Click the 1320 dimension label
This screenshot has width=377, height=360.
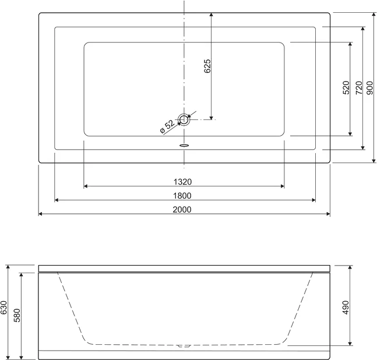[182, 182]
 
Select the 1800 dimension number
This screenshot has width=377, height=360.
[182, 196]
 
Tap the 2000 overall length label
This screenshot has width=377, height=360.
[182, 210]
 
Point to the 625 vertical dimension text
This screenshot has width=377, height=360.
[207, 66]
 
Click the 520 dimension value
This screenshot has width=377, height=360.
[346, 87]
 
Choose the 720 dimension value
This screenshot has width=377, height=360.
[359, 87]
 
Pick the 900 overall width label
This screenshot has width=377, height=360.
[370, 87]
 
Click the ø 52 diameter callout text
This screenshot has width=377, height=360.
[167, 126]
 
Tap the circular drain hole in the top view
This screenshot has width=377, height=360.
[184, 119]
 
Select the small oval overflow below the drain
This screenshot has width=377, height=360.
[184, 145]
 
